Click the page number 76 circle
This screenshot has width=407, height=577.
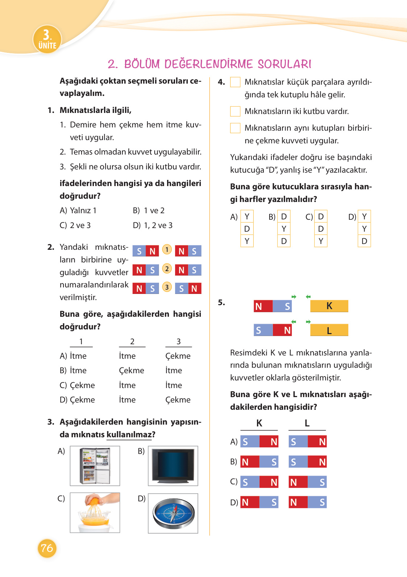[47, 548]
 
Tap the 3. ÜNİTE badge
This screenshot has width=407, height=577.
[47, 39]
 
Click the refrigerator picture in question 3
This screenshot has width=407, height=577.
[95, 466]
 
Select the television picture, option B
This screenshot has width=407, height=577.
[173, 466]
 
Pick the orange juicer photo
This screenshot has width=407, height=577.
[95, 513]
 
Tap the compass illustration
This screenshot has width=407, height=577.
[173, 513]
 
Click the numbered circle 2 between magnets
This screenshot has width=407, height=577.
[167, 269]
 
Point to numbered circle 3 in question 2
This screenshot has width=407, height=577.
[167, 287]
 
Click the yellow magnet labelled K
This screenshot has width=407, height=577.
[329, 306]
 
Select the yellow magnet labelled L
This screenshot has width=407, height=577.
[329, 330]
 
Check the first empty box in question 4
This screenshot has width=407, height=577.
[235, 82]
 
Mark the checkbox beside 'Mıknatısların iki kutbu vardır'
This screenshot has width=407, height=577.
[235, 111]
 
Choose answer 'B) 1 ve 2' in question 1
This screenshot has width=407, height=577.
[149, 211]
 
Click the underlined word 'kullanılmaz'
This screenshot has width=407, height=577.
[129, 434]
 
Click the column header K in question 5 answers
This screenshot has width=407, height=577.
[259, 423]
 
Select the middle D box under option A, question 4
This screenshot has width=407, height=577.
[247, 229]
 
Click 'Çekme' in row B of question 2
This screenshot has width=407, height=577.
[132, 371]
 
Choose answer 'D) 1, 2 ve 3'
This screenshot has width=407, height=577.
[153, 226]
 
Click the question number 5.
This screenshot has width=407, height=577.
[221, 303]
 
